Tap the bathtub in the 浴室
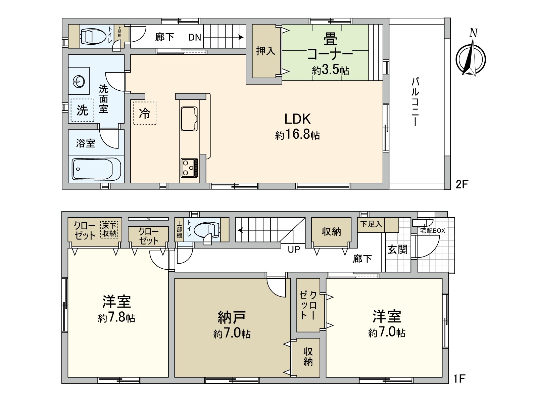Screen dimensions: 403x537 coord(92,169)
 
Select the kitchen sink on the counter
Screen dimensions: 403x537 coord(189,119)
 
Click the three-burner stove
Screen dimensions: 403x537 coord(189,167)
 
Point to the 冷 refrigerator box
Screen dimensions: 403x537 coord(145,113)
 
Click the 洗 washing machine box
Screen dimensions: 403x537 coord(82,110)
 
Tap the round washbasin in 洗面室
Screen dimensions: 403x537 coord(80,81)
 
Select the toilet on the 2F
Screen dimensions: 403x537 coord(91,36)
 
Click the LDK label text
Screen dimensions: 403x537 coord(297,119)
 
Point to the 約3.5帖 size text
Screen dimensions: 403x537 coord(331,71)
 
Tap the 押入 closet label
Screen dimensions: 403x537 coord(265,51)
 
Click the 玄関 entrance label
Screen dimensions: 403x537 coord(398,250)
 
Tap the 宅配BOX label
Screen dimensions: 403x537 coord(433,231)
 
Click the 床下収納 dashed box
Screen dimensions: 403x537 coord(109,229)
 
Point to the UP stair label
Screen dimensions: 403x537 coord(294,250)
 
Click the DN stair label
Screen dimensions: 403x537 coord(195,37)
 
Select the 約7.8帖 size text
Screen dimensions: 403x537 coord(116,318)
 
